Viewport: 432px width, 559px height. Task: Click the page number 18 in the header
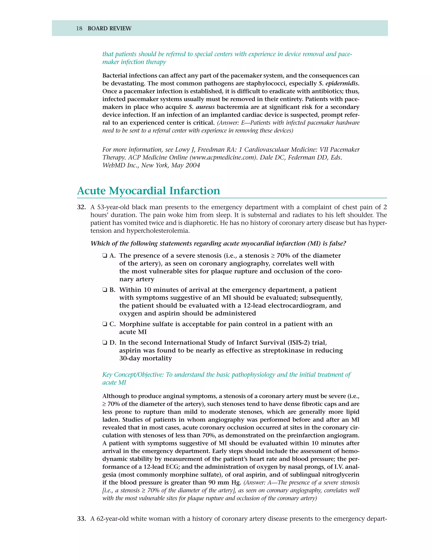point(79,28)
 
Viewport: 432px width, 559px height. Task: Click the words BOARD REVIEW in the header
point(109,28)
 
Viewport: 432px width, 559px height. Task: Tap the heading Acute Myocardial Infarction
point(148,191)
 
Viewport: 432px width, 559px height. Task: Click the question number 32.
point(81,207)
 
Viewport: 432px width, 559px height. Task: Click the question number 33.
point(81,519)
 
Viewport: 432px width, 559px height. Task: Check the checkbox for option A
point(105,256)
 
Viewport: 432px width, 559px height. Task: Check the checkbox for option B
point(105,290)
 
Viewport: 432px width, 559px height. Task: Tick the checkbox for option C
point(105,324)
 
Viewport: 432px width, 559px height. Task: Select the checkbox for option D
point(105,343)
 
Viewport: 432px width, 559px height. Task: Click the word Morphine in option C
point(133,324)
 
